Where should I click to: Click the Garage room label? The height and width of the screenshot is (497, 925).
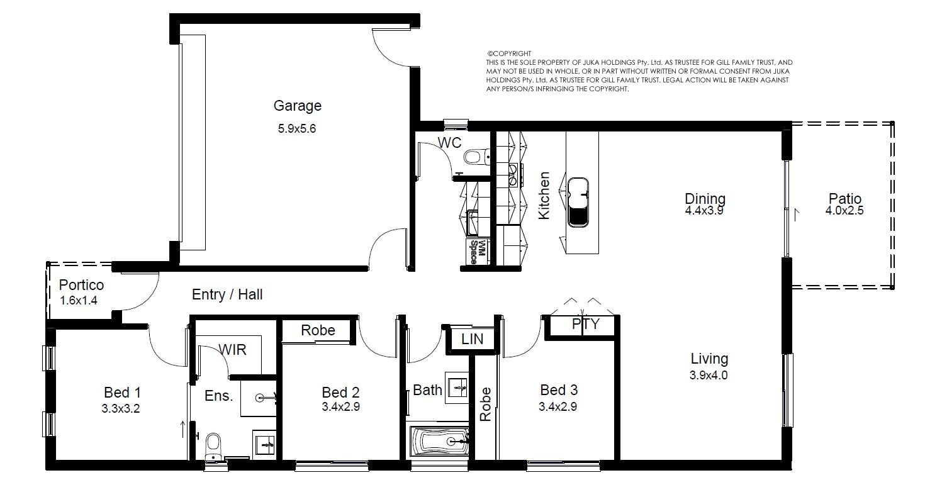coord(297,106)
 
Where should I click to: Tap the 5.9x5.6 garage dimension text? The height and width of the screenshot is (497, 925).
coord(297,129)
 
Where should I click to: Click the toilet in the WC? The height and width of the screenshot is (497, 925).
coord(477,157)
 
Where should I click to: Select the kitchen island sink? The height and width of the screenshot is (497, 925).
coord(578,203)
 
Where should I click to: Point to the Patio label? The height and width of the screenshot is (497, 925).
coord(845,199)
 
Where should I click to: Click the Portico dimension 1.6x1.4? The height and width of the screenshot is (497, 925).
coord(79,301)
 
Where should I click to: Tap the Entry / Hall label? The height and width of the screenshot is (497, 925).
coord(227,294)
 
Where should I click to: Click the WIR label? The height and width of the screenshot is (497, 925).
coord(232,350)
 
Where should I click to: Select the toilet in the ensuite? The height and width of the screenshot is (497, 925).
coord(213,446)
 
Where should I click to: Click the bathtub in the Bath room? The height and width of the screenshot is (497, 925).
coord(440,441)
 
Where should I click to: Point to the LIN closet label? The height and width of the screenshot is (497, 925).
coord(472,339)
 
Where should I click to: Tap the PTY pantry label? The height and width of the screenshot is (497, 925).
coord(586,324)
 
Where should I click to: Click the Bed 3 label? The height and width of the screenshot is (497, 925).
coord(559,390)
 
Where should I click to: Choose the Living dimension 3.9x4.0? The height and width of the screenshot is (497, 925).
coord(709,376)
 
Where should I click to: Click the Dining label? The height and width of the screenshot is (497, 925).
coord(705,199)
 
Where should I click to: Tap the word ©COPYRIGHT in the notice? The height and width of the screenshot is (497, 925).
coord(509,53)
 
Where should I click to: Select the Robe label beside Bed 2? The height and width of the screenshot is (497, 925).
coord(318,330)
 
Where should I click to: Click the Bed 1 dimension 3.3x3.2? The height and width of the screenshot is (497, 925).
coord(121,409)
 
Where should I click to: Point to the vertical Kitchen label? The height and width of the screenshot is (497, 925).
coord(544,196)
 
